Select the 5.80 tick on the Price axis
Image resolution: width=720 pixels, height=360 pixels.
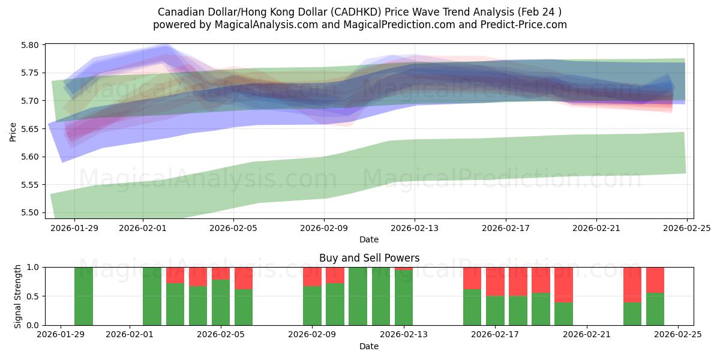[30, 45]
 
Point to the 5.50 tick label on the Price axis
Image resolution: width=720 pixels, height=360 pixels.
[30, 213]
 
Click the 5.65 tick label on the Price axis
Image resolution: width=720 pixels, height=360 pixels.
[30, 129]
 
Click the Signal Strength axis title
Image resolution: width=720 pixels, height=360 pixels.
[17, 296]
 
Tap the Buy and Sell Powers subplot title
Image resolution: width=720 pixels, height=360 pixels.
[368, 258]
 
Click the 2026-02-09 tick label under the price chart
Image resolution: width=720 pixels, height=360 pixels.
[324, 228]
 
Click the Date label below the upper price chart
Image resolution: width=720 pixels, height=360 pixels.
[368, 239]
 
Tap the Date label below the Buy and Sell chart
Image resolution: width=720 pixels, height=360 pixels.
[368, 346]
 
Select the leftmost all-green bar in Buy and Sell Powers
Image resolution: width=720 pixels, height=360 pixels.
[83, 296]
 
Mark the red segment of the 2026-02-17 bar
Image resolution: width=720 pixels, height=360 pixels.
[495, 281]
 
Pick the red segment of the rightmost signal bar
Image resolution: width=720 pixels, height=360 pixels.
[655, 280]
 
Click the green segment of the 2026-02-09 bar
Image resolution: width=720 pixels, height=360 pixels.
[312, 305]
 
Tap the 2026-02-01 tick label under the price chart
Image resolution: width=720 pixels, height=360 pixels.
[143, 228]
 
